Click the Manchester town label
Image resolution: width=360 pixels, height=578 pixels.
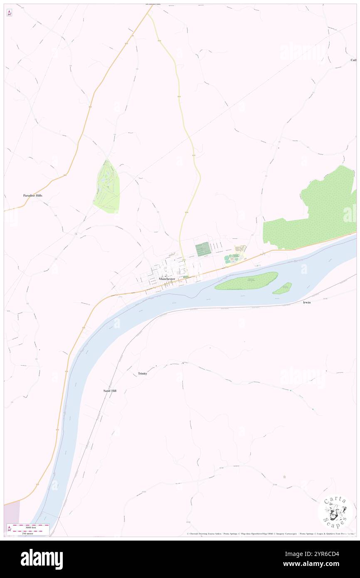tap(167, 279)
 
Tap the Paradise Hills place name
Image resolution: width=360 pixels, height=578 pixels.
tap(32, 195)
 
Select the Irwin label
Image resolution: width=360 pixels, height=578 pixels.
tap(307, 303)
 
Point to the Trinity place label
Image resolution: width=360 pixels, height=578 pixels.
tap(143, 374)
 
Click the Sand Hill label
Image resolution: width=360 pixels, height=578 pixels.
tap(110, 391)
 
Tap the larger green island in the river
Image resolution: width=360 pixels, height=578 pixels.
tap(247, 282)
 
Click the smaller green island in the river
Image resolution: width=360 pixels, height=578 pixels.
tap(282, 288)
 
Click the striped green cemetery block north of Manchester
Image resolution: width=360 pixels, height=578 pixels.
tap(202, 249)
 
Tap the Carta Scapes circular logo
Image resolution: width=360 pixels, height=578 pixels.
tap(335, 512)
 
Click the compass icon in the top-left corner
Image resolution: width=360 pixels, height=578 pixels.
tap(9, 13)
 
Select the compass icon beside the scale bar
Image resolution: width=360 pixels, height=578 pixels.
tap(9, 529)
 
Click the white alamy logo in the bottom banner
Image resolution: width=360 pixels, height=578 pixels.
tap(42, 559)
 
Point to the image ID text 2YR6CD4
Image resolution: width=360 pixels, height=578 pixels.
tap(320, 554)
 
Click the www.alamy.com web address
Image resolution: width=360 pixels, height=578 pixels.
tap(319, 564)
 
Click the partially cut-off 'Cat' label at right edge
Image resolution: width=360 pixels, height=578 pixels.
tap(354, 60)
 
